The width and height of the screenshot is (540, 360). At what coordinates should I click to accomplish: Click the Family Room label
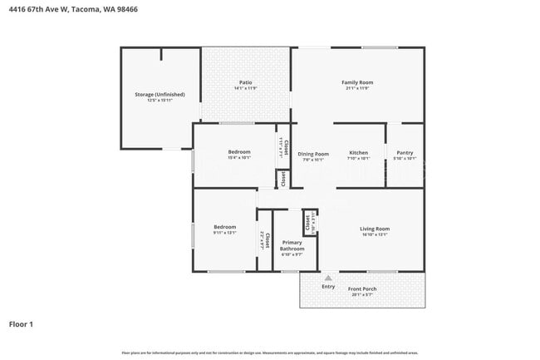coord(357,82)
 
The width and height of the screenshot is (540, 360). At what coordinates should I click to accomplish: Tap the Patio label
coord(246,82)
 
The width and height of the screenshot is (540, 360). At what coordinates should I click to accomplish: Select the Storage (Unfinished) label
coord(160,95)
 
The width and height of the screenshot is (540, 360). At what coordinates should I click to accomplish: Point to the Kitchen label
coord(358,153)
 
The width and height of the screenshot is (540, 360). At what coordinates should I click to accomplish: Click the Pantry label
coord(405,153)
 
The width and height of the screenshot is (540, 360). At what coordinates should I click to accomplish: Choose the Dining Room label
coord(313,154)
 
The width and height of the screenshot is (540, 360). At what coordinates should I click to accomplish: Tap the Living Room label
coord(375,229)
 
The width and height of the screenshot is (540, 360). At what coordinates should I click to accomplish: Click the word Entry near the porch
coord(328,287)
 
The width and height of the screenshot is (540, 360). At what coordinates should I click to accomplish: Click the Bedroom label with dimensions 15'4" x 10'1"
coord(239,152)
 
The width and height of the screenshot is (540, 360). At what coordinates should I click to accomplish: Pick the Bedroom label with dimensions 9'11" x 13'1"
coord(224,227)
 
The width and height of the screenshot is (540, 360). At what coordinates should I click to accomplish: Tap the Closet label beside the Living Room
coord(307,222)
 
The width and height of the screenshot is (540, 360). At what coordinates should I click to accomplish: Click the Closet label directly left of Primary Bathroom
coord(263,240)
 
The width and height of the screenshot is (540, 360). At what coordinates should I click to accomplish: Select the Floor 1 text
coord(22,323)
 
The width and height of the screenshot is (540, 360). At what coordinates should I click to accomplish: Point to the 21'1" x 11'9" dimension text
coord(357,88)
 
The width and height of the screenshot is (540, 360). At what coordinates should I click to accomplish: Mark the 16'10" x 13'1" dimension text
coord(375,234)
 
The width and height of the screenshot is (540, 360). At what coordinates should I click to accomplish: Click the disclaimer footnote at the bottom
coord(269,353)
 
